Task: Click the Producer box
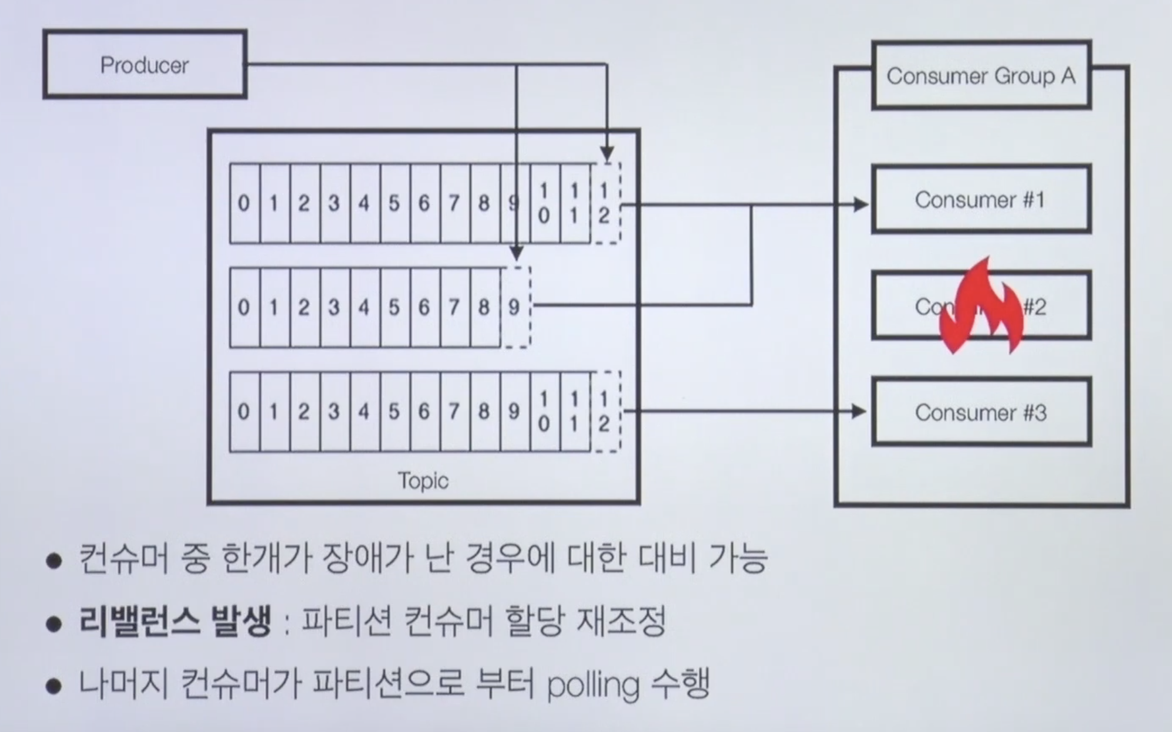pyautogui.click(x=145, y=65)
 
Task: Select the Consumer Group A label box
pyautogui.click(x=981, y=76)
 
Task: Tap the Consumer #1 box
pyautogui.click(x=980, y=200)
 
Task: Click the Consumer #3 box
pyautogui.click(x=980, y=412)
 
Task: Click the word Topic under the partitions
pyautogui.click(x=423, y=481)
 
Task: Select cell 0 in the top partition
pyautogui.click(x=244, y=203)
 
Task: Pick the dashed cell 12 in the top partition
pyautogui.click(x=605, y=203)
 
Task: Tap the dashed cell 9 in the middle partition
pyautogui.click(x=515, y=307)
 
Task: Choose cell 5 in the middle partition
pyautogui.click(x=394, y=307)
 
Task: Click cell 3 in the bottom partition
pyautogui.click(x=334, y=411)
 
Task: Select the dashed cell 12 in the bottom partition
pyautogui.click(x=605, y=411)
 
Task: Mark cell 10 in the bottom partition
pyautogui.click(x=545, y=411)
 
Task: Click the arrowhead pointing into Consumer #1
pyautogui.click(x=861, y=204)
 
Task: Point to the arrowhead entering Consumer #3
pyautogui.click(x=859, y=411)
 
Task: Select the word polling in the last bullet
pyautogui.click(x=592, y=685)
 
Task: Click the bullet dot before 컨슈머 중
pyautogui.click(x=54, y=560)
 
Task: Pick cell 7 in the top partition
pyautogui.click(x=454, y=203)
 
